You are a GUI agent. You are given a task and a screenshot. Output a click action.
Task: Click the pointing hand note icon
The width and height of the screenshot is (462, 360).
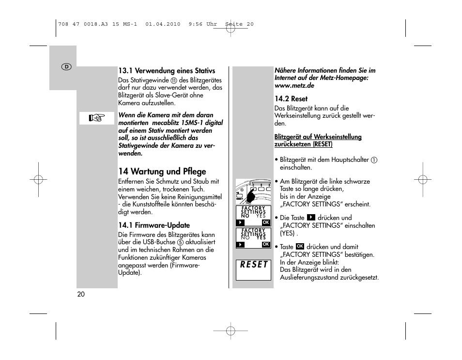97,118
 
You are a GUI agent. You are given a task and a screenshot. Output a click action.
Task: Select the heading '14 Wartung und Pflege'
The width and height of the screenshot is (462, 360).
162,172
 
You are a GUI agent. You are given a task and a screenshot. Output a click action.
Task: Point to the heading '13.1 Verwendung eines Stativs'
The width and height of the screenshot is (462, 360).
167,71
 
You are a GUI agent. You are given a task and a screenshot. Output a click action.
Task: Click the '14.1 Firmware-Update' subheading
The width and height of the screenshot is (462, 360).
154,225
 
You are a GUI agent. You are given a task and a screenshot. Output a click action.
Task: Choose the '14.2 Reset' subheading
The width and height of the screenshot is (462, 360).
291,99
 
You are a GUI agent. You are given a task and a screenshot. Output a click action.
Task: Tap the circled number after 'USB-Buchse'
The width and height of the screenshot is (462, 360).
180,242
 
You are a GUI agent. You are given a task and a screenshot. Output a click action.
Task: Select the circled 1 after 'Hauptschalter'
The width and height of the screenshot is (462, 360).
374,160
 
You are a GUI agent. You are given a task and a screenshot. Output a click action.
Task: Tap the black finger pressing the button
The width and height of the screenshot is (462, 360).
251,196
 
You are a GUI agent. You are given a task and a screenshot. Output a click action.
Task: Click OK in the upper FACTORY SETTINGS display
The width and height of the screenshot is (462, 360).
265,222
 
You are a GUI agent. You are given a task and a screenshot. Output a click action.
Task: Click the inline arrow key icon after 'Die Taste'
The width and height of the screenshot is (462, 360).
311,218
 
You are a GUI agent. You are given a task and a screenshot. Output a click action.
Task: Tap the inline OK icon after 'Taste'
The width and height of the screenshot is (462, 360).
300,247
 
